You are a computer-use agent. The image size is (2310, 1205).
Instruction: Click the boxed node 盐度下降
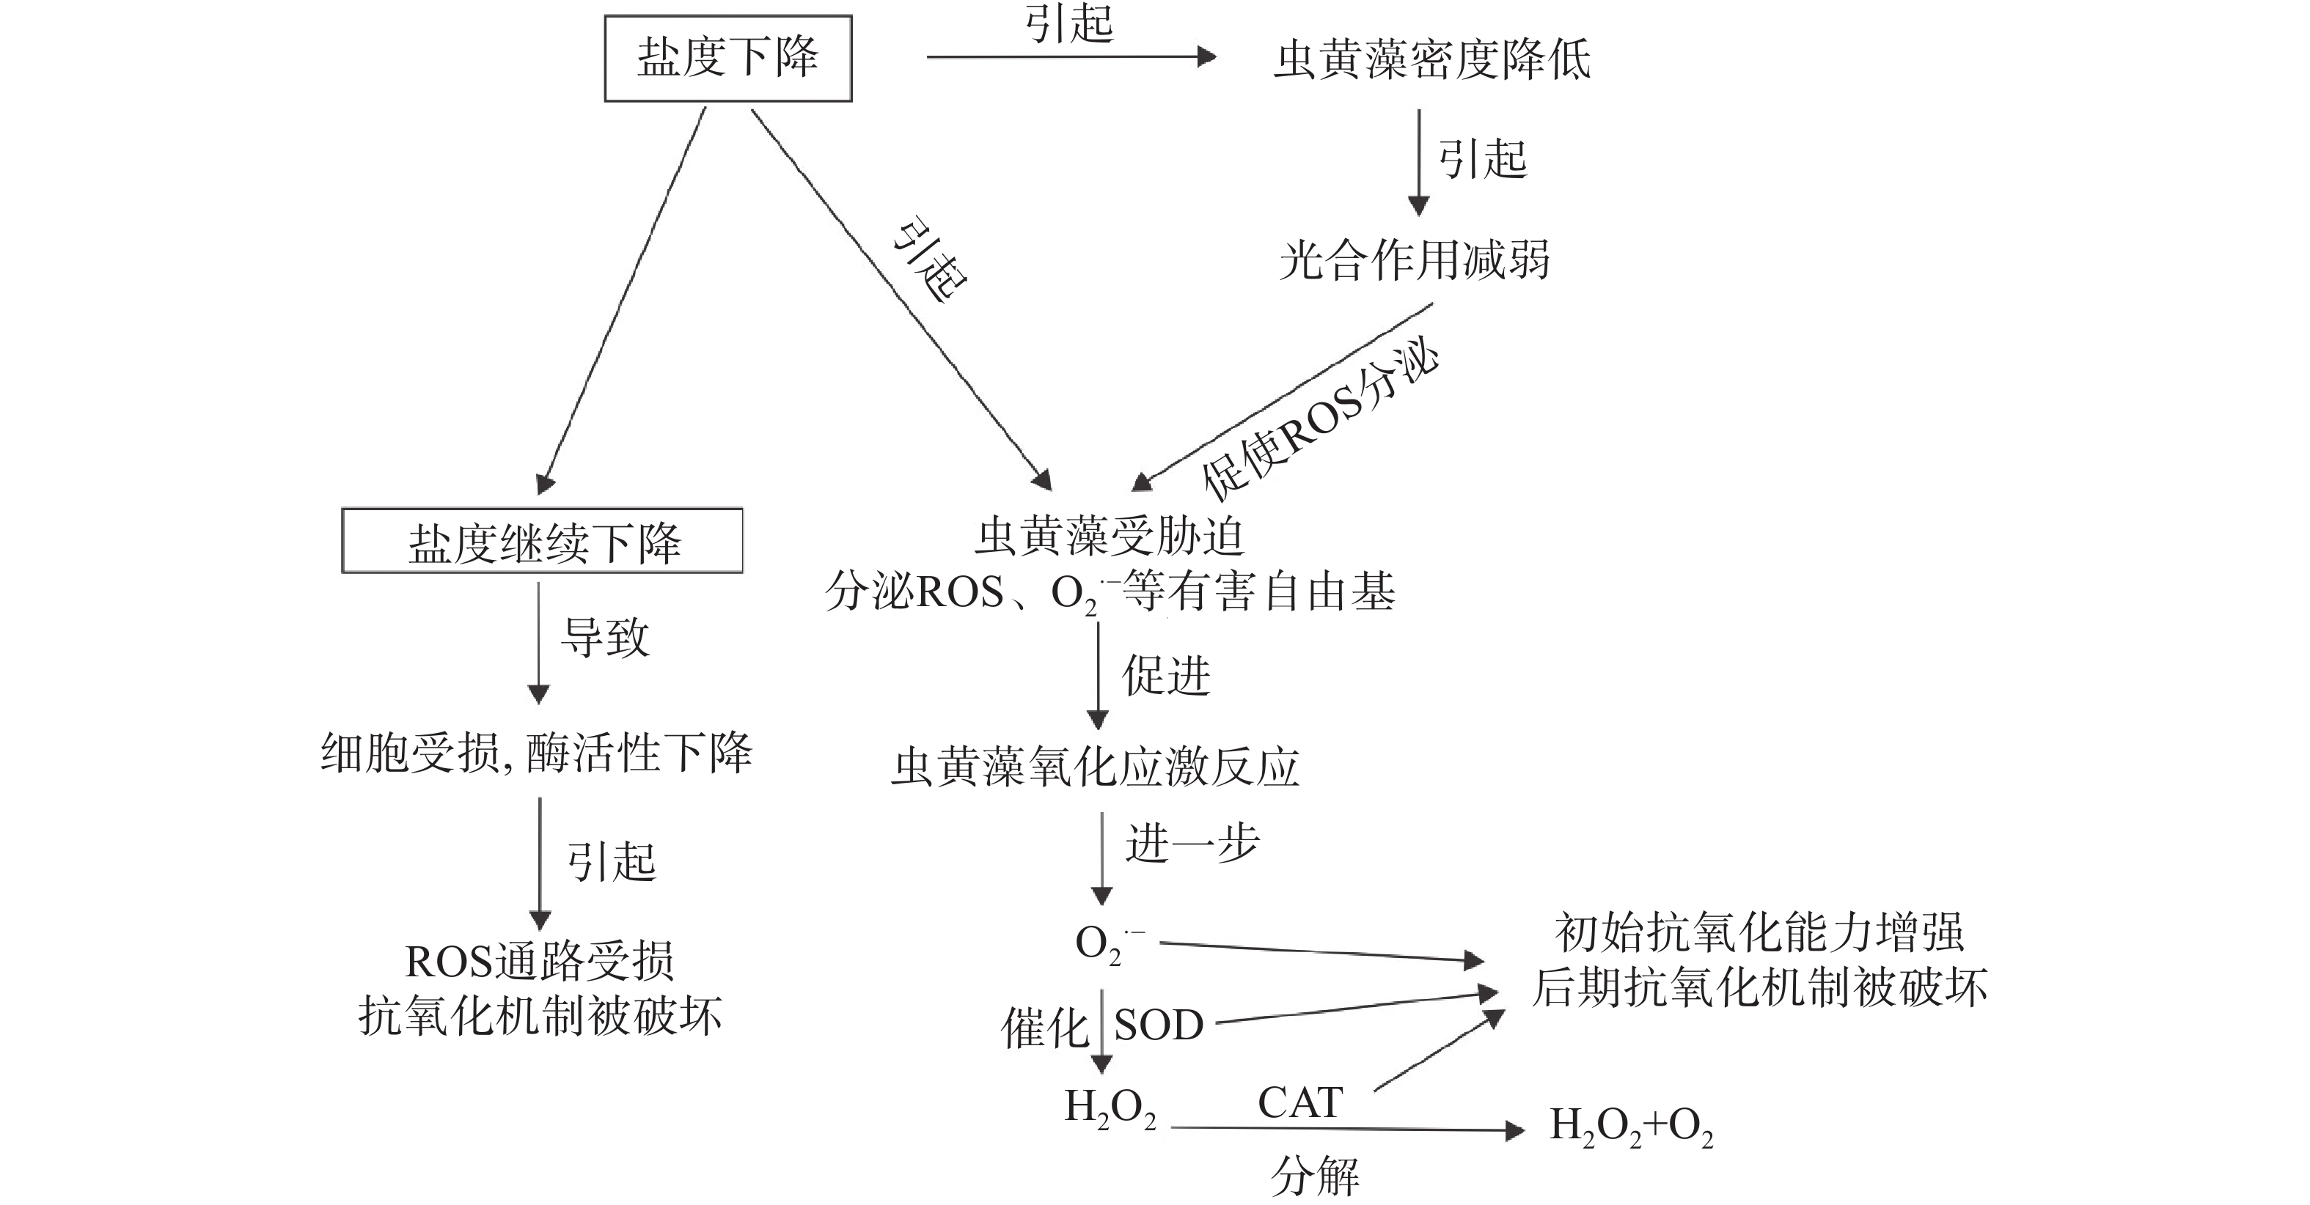pyautogui.click(x=727, y=59)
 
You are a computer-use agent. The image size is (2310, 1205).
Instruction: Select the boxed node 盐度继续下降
pyautogui.click(x=543, y=542)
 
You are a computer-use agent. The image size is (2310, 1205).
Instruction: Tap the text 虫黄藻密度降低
pyautogui.click(x=1432, y=60)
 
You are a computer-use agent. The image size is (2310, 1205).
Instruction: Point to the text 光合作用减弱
pyautogui.click(x=1414, y=261)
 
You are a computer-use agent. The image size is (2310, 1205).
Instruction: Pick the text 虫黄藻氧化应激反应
pyautogui.click(x=1095, y=767)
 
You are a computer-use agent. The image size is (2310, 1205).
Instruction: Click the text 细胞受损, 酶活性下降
pyautogui.click(x=536, y=753)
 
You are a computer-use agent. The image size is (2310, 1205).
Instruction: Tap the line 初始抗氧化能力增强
pyautogui.click(x=1759, y=933)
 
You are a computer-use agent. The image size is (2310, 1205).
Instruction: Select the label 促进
pyautogui.click(x=1166, y=676)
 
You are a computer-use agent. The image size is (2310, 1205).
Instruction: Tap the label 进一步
pyautogui.click(x=1192, y=844)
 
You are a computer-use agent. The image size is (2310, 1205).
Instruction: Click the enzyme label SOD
pyautogui.click(x=1158, y=1025)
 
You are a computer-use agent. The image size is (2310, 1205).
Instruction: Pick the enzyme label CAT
pyautogui.click(x=1299, y=1103)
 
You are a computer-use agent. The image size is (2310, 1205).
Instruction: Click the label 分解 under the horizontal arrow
pyautogui.click(x=1315, y=1174)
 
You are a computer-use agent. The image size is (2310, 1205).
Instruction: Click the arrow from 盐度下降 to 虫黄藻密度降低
pyautogui.click(x=1071, y=56)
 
